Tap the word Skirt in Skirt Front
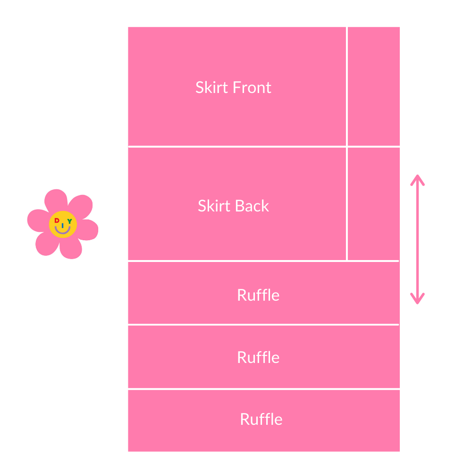[x=210, y=88]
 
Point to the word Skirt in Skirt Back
[x=212, y=206]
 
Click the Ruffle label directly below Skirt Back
[x=258, y=295]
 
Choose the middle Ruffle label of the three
[x=258, y=357]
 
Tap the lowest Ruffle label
[x=261, y=419]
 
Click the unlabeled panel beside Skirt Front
[x=374, y=86]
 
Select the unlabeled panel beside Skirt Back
[x=374, y=204]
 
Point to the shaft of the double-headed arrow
[x=417, y=239]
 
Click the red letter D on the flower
[x=57, y=220]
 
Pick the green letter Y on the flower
[x=70, y=221]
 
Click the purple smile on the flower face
[x=63, y=231]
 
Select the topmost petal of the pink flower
[x=56, y=201]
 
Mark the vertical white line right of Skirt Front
[x=347, y=86]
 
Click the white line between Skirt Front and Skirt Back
[x=236, y=147]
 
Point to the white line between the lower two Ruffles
[x=263, y=389]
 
